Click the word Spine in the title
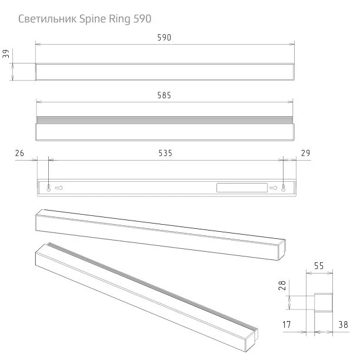tap(93, 19)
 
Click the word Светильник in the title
tap(47, 19)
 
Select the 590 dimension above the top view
tap(164, 38)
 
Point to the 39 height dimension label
tap(6, 54)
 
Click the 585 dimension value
tap(164, 95)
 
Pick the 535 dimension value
tap(165, 153)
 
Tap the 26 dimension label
tap(19, 153)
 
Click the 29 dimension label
tap(305, 153)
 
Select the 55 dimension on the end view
tap(319, 266)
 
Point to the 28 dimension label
tap(282, 285)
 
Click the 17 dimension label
tap(286, 325)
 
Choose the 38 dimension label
tap(344, 325)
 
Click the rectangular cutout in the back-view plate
tap(242, 188)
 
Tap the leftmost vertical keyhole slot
tap(49, 188)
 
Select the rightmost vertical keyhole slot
tap(284, 188)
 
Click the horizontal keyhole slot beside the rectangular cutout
tap(273, 188)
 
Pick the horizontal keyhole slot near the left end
tap(59, 188)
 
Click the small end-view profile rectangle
tap(324, 302)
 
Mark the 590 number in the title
tap(142, 19)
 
